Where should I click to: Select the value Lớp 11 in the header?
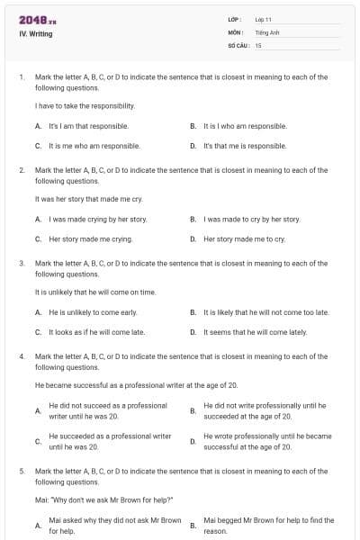click(x=264, y=19)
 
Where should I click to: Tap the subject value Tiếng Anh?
click(x=267, y=31)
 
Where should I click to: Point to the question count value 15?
click(x=258, y=44)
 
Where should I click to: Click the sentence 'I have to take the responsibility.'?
click(x=85, y=106)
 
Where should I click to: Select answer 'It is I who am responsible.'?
click(x=245, y=126)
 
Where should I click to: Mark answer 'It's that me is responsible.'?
click(x=245, y=145)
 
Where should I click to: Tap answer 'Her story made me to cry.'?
click(x=244, y=238)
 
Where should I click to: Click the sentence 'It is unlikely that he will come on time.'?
click(x=94, y=292)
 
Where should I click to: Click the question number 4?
click(x=21, y=356)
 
